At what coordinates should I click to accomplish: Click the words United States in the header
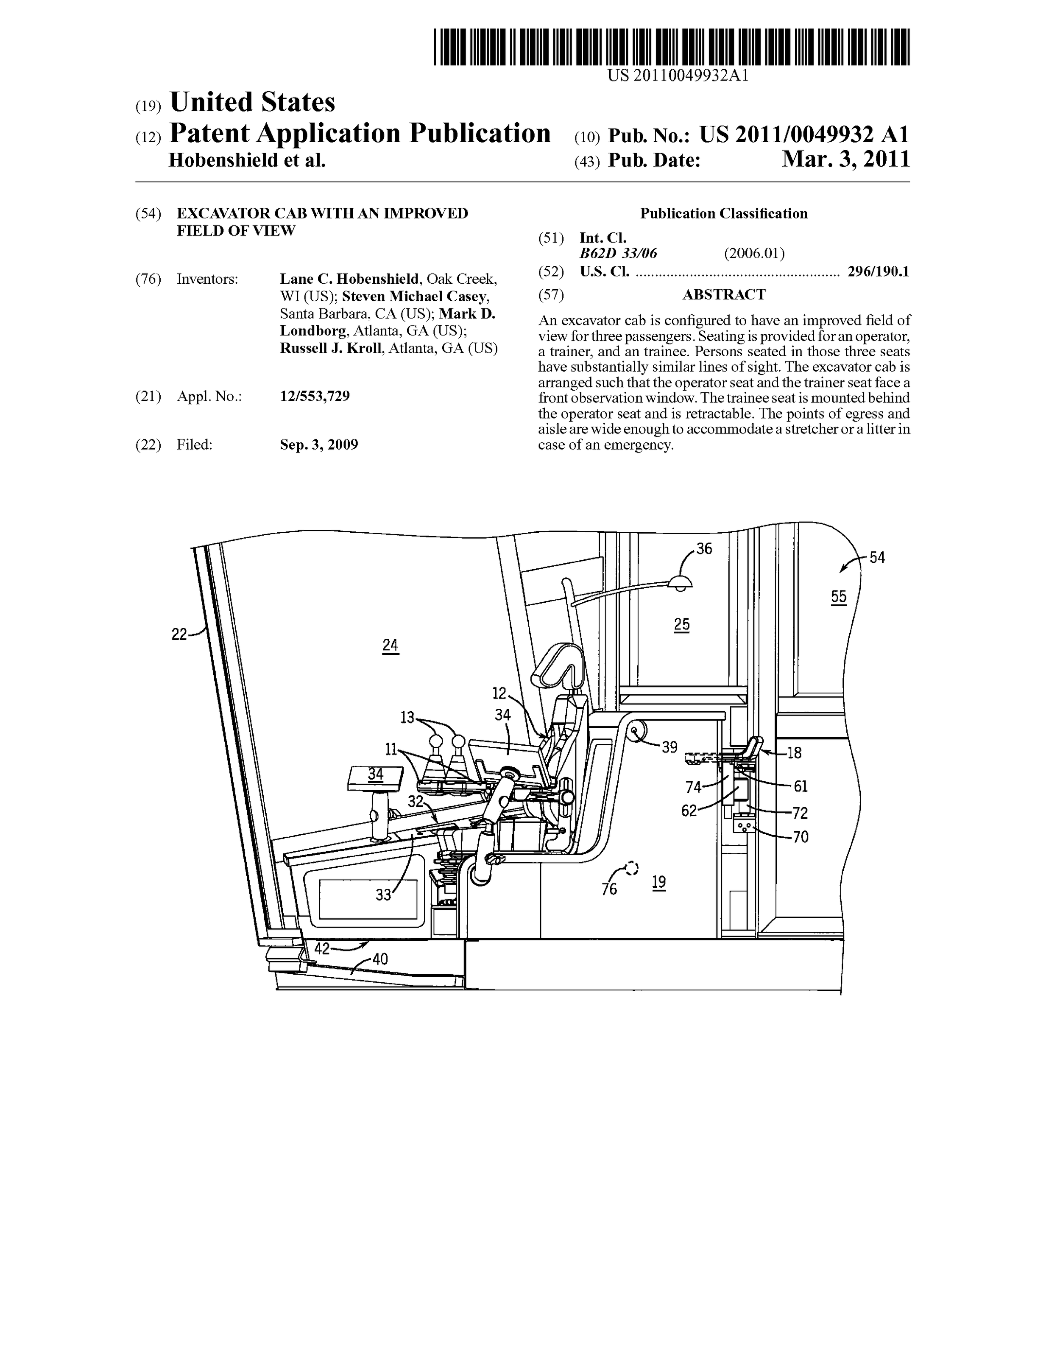pyautogui.click(x=252, y=102)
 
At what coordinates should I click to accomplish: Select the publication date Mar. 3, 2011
pyautogui.click(x=845, y=160)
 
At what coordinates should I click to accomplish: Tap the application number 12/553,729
pyautogui.click(x=315, y=396)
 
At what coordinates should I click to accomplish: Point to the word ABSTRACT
pyautogui.click(x=723, y=294)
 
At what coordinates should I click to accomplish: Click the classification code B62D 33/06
pyautogui.click(x=618, y=254)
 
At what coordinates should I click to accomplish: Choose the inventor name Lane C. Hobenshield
pyautogui.click(x=349, y=279)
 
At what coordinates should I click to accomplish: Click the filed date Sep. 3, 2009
pyautogui.click(x=318, y=445)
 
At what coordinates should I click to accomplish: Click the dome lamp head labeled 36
pyautogui.click(x=680, y=583)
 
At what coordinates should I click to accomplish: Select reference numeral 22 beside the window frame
pyautogui.click(x=179, y=634)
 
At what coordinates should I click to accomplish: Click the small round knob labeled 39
pyautogui.click(x=638, y=730)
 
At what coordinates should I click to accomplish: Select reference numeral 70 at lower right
pyautogui.click(x=801, y=836)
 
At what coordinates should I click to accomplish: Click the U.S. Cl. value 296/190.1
pyautogui.click(x=878, y=271)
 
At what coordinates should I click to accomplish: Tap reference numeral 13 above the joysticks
pyautogui.click(x=407, y=717)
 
